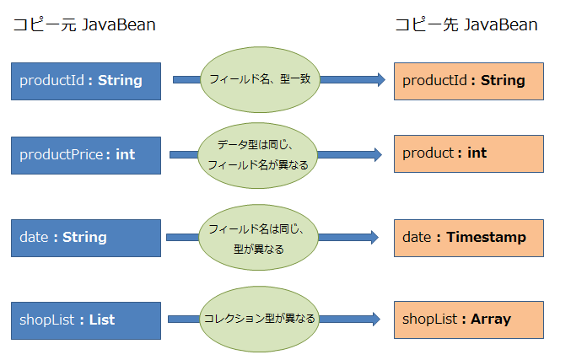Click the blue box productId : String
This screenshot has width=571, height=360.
(x=86, y=81)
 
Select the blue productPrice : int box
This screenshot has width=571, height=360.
(x=86, y=154)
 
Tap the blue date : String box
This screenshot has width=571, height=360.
(x=86, y=238)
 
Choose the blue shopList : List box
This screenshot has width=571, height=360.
(x=86, y=320)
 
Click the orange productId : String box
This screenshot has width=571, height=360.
(x=468, y=81)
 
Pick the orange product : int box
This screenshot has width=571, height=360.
(x=468, y=153)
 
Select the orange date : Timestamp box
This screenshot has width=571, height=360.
(x=468, y=238)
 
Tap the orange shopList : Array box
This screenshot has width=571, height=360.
(x=468, y=320)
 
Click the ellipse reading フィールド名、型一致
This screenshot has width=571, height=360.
(x=260, y=79)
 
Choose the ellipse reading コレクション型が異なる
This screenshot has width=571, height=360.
(x=259, y=319)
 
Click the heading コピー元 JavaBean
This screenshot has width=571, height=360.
(x=83, y=25)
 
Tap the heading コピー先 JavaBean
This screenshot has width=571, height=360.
(x=466, y=25)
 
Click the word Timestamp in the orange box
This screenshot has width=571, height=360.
(x=487, y=238)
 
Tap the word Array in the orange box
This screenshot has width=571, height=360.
(x=490, y=320)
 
